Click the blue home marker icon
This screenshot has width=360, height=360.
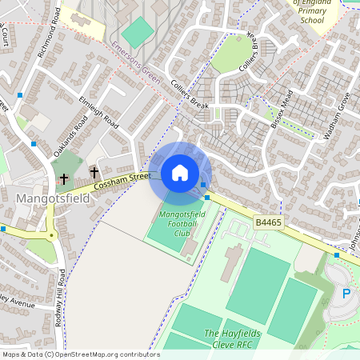coord(180,173)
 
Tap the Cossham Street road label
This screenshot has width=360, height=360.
coord(122,181)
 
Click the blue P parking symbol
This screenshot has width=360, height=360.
coord(346,294)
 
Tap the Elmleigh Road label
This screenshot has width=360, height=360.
coord(98,114)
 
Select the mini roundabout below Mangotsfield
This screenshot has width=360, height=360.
coord(51,234)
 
